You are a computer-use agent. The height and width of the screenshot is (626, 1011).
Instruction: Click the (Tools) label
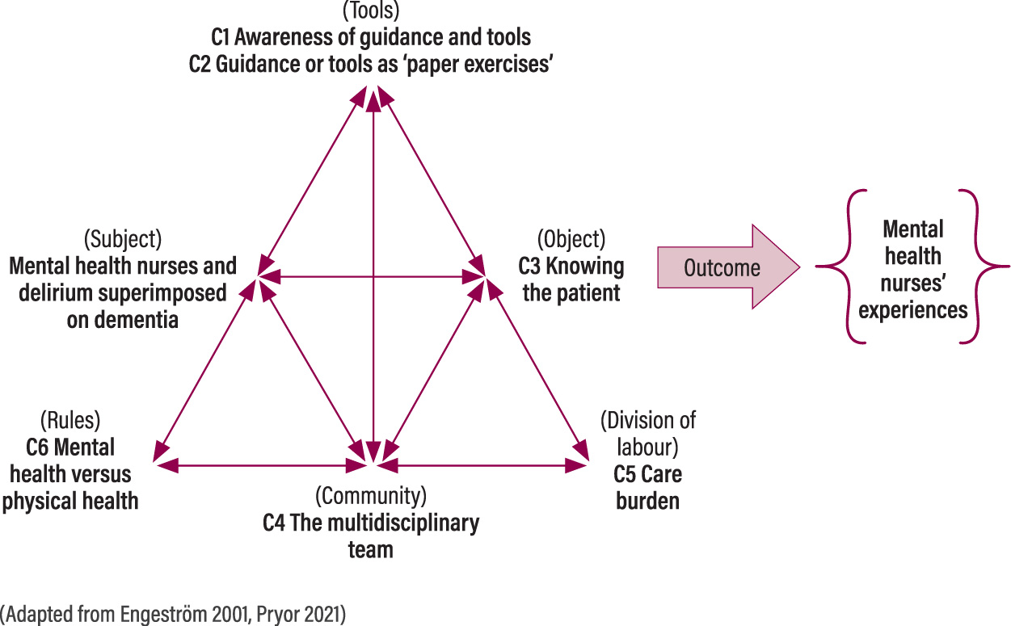click(371, 11)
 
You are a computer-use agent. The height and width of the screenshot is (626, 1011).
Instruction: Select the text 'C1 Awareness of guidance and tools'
click(371, 37)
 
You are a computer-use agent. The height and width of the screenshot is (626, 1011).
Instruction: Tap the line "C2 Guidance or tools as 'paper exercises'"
click(371, 64)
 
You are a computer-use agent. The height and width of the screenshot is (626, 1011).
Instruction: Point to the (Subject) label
click(123, 240)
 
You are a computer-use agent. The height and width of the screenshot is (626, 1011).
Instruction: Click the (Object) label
click(571, 240)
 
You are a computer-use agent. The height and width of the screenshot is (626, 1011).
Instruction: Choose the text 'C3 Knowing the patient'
click(571, 279)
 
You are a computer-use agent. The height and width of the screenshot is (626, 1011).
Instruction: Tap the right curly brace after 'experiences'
click(984, 267)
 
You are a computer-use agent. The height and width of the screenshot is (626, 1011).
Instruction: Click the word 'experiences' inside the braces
click(913, 310)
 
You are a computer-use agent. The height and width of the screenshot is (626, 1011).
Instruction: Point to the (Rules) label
click(70, 421)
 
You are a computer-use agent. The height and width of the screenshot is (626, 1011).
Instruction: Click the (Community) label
click(371, 495)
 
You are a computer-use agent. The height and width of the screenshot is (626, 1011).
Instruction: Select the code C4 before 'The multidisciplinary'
click(276, 523)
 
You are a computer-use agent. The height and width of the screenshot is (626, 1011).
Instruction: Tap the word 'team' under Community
click(371, 550)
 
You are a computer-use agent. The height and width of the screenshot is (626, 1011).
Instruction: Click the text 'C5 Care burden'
click(647, 487)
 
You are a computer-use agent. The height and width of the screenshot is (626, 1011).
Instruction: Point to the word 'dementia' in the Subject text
click(123, 320)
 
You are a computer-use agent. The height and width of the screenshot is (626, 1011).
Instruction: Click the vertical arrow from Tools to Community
click(373, 275)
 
